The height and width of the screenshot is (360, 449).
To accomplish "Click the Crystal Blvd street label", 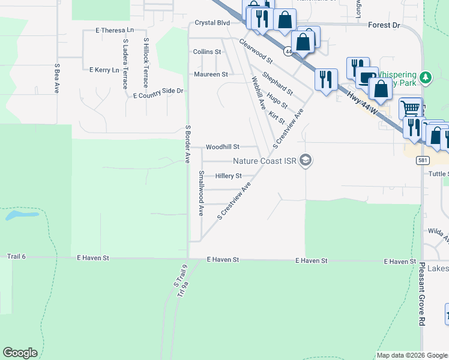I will click(212, 23).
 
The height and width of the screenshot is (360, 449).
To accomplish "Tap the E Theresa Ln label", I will click(114, 30).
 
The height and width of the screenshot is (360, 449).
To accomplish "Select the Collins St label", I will click(207, 52).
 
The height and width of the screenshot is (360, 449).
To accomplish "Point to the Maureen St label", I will click(211, 74).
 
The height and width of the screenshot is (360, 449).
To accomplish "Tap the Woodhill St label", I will click(223, 146).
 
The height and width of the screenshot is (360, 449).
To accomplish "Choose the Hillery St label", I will click(228, 176).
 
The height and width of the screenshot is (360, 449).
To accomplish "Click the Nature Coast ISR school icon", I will click(306, 160).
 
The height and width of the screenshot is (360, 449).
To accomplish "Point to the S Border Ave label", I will click(188, 144).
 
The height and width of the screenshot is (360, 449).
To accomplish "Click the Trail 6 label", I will click(17, 256).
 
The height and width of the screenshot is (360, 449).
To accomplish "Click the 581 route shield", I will click(424, 161).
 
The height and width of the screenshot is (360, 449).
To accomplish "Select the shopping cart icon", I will click(411, 109).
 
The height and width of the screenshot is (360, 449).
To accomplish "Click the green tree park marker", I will click(426, 77).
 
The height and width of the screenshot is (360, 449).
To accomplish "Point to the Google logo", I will click(20, 353).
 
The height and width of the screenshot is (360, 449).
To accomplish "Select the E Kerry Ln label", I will click(104, 70).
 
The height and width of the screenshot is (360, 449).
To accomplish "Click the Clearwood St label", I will click(256, 52).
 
